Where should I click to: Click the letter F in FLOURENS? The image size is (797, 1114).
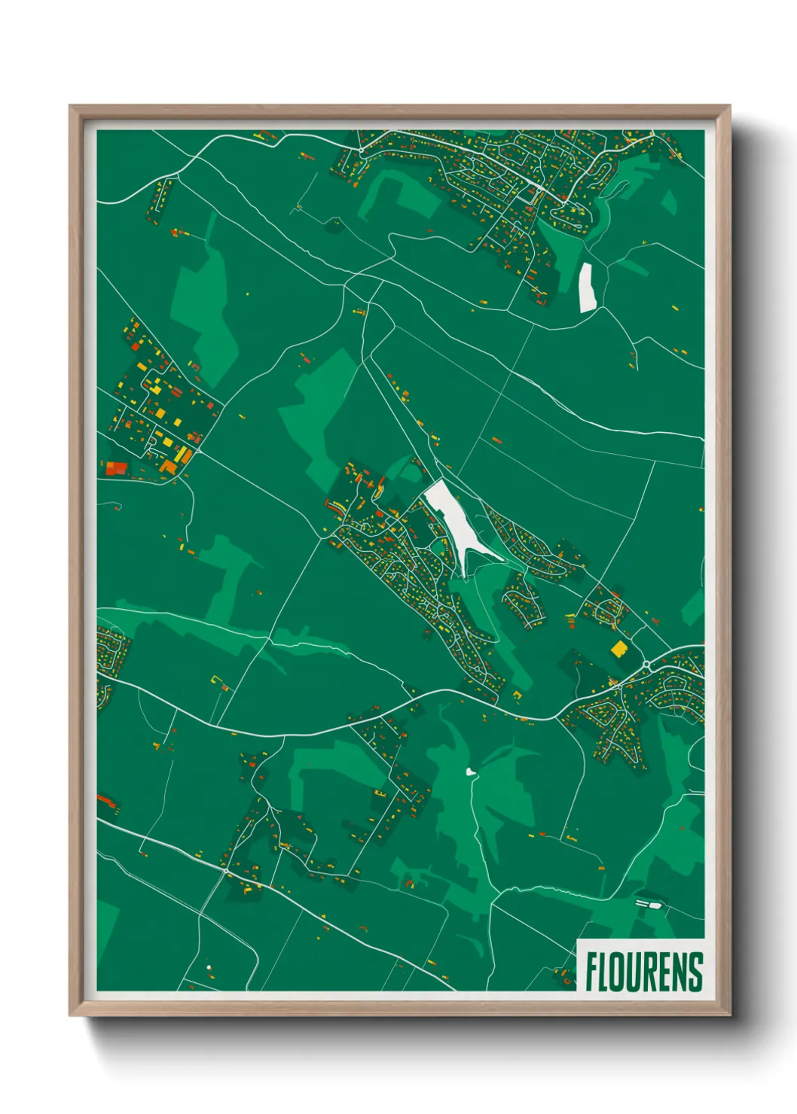tap(592, 972)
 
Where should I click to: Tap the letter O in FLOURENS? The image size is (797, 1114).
tap(621, 972)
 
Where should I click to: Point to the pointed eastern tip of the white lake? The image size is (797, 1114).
tap(501, 559)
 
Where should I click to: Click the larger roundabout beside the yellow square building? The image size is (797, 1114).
tap(646, 665)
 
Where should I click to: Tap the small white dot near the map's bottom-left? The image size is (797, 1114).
tap(209, 967)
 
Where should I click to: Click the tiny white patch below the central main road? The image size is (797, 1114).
tap(471, 772)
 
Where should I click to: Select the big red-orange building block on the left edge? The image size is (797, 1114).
tap(116, 468)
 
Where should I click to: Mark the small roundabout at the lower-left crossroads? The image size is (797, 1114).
tap(225, 871)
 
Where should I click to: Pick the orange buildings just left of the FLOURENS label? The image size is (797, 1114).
tap(564, 978)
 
